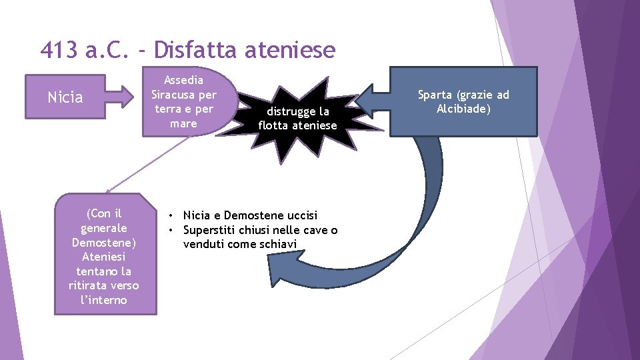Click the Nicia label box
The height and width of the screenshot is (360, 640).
[65, 98]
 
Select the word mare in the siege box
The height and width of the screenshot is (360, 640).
[183, 123]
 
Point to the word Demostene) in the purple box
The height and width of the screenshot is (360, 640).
[104, 242]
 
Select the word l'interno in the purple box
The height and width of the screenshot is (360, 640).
[104, 300]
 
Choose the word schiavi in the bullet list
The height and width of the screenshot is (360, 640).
[283, 244]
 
